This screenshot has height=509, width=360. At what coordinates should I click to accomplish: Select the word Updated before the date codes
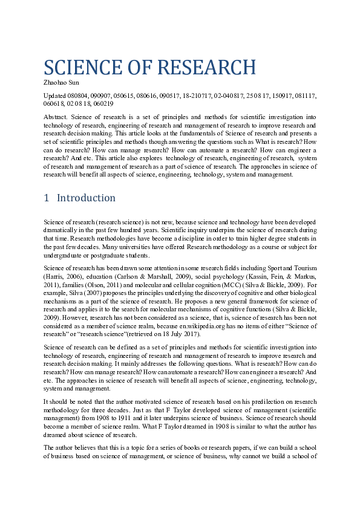pos(55,96)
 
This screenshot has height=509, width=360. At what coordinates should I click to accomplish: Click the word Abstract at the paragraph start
pos(56,115)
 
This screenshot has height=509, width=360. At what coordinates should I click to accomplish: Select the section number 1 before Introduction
pos(47,198)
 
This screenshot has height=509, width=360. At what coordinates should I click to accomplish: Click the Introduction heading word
pos(86,198)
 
